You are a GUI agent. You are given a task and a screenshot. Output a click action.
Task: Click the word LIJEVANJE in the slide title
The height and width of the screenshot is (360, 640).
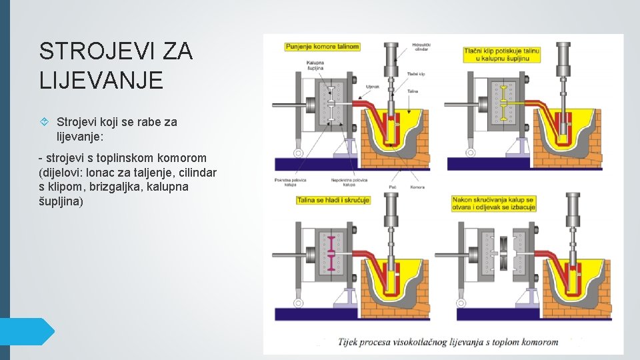click(101, 80)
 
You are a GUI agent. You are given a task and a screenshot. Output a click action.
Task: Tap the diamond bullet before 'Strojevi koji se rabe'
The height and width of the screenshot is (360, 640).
click(45, 122)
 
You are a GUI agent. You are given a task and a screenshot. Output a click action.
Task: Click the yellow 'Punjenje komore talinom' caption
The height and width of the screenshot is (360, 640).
click(323, 47)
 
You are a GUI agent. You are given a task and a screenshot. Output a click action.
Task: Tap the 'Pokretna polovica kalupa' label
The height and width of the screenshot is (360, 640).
click(287, 183)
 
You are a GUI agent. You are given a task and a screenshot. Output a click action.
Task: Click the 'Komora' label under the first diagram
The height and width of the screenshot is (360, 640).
click(417, 188)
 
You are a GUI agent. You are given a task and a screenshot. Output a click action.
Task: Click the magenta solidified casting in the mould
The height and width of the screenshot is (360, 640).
click(329, 251)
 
